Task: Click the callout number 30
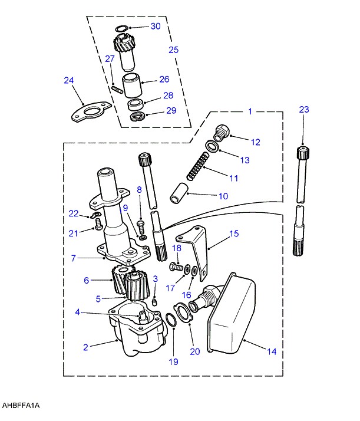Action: [x=156, y=27]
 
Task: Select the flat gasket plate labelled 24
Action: [x=91, y=112]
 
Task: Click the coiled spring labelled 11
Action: [x=197, y=166]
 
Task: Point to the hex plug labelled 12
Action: [x=221, y=132]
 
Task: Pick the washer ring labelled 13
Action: [x=213, y=146]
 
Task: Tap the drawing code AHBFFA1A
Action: [x=21, y=406]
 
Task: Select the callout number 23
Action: [x=304, y=110]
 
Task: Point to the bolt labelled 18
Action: [x=176, y=267]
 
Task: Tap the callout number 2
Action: [x=85, y=347]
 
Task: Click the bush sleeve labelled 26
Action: [x=132, y=85]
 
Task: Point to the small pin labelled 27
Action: [x=117, y=89]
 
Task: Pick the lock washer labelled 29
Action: [x=138, y=117]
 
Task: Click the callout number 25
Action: [x=174, y=50]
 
